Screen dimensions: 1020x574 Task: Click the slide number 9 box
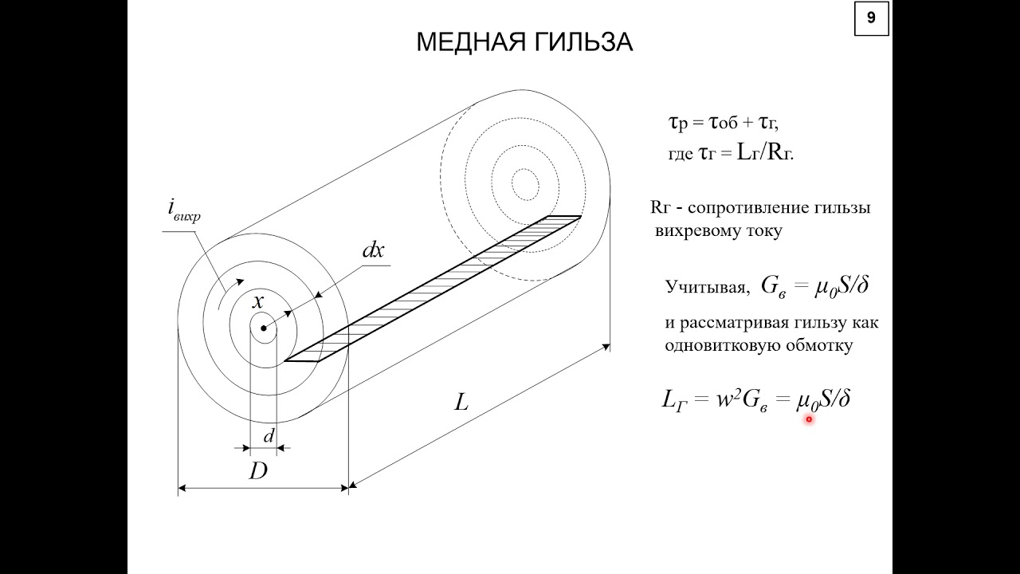point(872,18)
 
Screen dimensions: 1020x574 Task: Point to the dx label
point(373,250)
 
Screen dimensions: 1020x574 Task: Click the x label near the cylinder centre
point(258,301)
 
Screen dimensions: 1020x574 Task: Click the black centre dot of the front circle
point(263,328)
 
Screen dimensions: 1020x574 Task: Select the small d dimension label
point(269,436)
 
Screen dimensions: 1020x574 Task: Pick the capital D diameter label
point(257,471)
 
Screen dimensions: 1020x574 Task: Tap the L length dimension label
point(461,403)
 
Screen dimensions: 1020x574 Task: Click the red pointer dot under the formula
point(809,419)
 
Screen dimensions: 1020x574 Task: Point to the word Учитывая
point(707,287)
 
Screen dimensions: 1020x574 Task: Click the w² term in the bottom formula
point(728,399)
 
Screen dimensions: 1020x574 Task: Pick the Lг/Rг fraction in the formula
point(765,154)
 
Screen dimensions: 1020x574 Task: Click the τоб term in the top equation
point(723,123)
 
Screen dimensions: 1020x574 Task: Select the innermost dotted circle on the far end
point(512,184)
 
